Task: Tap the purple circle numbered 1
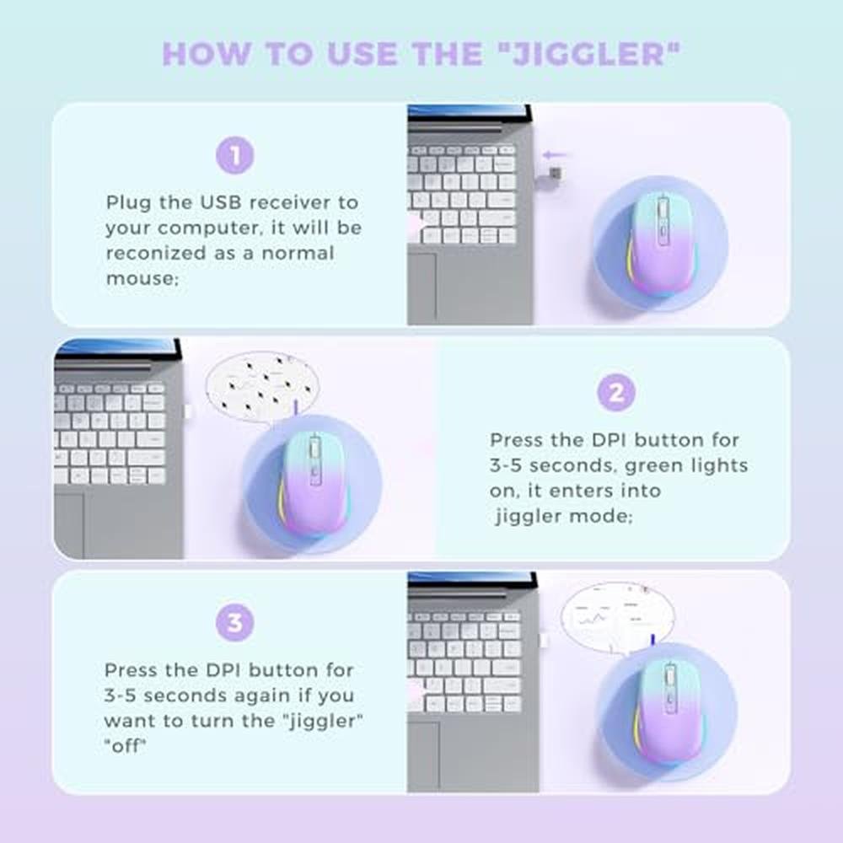coord(235,155)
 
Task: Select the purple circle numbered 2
coord(617,393)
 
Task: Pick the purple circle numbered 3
coord(235,623)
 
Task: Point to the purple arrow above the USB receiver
coord(554,155)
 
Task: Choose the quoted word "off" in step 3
coord(126,746)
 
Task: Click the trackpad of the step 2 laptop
coord(69,525)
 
